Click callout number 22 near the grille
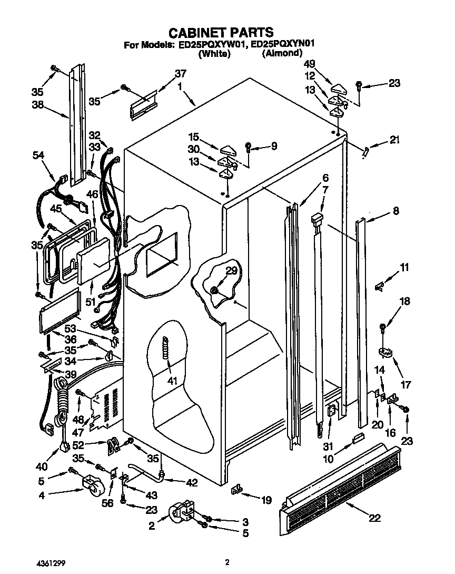click(x=374, y=518)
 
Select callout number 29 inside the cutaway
click(x=232, y=271)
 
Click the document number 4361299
click(x=52, y=562)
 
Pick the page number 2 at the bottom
click(x=227, y=562)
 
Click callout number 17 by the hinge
click(x=405, y=385)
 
